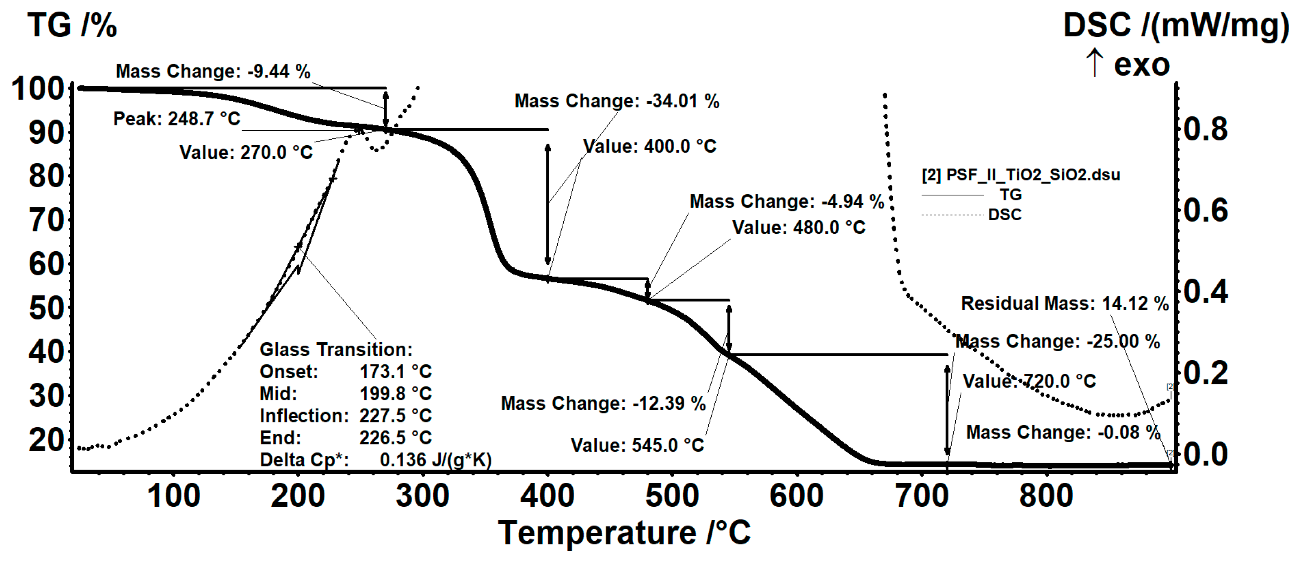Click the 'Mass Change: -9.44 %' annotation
(213, 72)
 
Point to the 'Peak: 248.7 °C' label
(177, 119)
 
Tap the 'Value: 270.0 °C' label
(246, 152)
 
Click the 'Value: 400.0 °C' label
(649, 146)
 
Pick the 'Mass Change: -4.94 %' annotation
(786, 201)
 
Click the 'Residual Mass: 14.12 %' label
(1064, 303)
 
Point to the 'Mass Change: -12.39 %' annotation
(603, 403)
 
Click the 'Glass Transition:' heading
(335, 349)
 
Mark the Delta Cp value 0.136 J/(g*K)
(435, 460)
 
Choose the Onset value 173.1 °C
(395, 372)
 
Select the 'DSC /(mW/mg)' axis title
(1175, 25)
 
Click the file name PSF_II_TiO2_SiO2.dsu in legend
(1033, 175)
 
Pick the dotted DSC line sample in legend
(952, 215)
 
